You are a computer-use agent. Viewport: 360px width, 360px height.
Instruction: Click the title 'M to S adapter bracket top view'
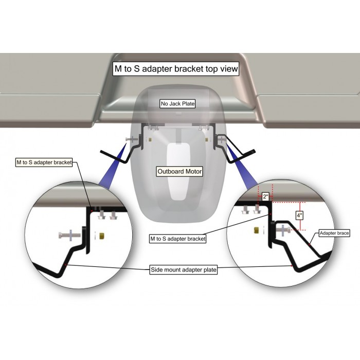tap(176, 68)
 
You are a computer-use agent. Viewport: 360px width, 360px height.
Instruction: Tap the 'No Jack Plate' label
tap(178, 103)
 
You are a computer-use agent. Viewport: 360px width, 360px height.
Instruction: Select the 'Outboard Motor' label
tap(179, 171)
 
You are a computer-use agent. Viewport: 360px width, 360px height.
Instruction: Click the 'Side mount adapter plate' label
tap(184, 269)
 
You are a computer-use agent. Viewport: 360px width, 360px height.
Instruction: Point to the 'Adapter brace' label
tap(334, 233)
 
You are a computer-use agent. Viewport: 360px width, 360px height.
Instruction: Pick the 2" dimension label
tap(266, 196)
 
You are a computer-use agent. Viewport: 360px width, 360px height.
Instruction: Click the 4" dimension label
tap(299, 215)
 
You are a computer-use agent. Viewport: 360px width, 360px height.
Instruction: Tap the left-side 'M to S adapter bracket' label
tap(44, 163)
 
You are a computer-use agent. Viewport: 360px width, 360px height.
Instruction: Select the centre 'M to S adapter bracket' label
tap(178, 239)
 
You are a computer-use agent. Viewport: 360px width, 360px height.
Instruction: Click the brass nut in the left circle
tap(102, 236)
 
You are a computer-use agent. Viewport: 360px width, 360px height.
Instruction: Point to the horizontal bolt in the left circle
tap(69, 236)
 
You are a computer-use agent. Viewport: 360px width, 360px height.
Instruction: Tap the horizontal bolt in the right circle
tap(283, 230)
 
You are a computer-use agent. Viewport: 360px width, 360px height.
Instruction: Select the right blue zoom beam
tap(241, 165)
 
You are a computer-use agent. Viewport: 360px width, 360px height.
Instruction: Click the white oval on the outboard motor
tap(178, 171)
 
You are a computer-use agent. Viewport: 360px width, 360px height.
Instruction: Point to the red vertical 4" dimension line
tap(300, 216)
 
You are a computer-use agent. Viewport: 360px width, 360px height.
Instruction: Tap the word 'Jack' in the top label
tap(176, 103)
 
